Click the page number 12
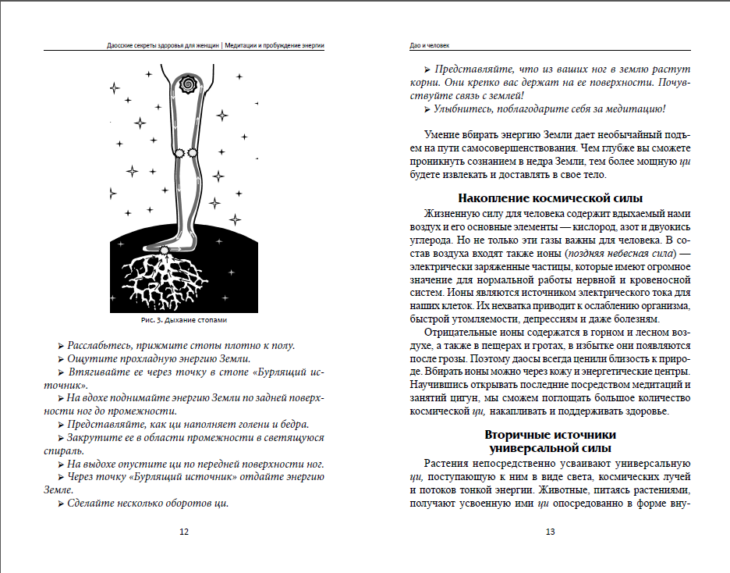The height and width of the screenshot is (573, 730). click(x=184, y=532)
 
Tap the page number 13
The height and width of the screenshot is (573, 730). click(x=550, y=532)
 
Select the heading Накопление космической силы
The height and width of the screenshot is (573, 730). click(x=550, y=198)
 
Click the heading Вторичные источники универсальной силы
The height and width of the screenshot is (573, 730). click(x=550, y=441)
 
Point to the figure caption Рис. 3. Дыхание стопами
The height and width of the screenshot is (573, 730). click(x=184, y=321)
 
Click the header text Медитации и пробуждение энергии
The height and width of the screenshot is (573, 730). click(x=274, y=45)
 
